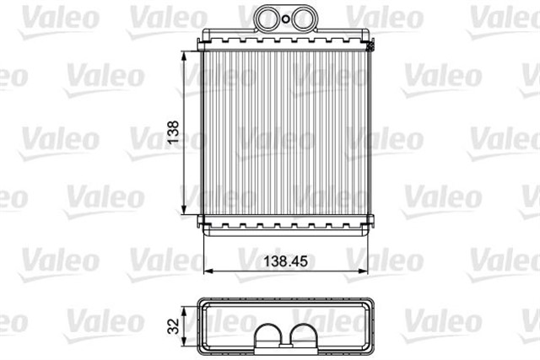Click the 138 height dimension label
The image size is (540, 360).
point(173,132)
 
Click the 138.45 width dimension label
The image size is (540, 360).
point(285,261)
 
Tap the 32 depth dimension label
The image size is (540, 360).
point(174,326)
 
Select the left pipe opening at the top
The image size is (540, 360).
point(268,19)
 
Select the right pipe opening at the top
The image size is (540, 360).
point(301,19)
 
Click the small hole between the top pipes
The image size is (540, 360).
point(285,19)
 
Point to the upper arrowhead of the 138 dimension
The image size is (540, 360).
point(184,56)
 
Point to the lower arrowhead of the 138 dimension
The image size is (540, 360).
point(184,209)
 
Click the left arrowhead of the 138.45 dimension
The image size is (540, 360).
point(208,271)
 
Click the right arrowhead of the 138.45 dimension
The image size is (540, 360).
point(363,271)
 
